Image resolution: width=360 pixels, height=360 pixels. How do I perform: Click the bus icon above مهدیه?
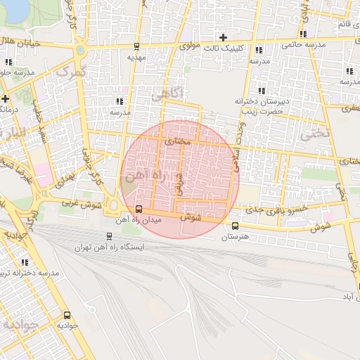point(136,46)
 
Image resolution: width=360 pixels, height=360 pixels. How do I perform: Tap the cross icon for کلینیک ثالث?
point(224,37)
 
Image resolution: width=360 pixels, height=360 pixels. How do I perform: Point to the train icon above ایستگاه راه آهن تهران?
point(109,236)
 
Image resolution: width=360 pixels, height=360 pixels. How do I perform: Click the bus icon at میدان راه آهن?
point(139,209)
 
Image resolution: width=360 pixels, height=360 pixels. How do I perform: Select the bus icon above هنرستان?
point(235,226)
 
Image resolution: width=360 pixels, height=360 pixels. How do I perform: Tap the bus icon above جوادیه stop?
point(67,315)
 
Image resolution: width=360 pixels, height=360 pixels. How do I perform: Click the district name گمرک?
point(69,71)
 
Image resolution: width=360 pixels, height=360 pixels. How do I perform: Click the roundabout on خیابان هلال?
point(79,51)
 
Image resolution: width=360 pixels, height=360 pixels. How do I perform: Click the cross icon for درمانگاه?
point(5,98)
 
